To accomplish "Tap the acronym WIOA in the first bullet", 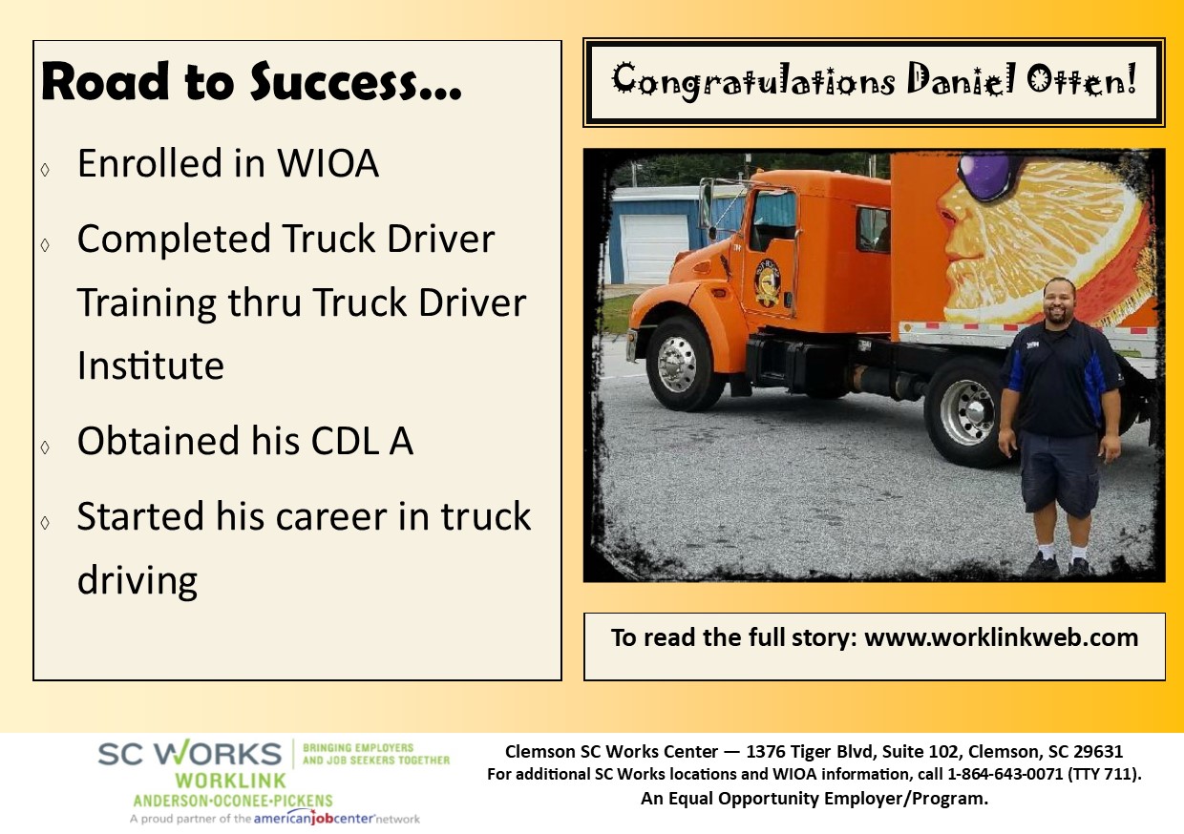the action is (328, 162).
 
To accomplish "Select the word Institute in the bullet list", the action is (151, 365).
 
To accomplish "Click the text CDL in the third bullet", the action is (345, 441).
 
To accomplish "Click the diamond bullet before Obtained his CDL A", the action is (45, 448).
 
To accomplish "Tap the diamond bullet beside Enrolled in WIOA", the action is (45, 170).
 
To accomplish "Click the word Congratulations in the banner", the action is (753, 81).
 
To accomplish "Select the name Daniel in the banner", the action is (962, 79).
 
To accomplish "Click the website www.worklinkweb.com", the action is (1001, 637).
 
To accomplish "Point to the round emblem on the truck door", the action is (768, 282).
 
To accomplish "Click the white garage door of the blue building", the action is (654, 248).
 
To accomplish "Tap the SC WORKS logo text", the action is (190, 754).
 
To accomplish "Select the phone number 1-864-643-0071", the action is (1004, 774).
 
